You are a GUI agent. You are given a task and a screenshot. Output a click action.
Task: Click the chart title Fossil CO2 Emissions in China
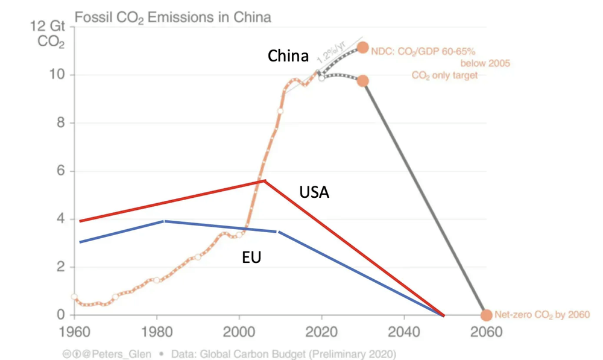coord(172,16)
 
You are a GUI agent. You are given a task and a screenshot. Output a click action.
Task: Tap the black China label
coord(288,57)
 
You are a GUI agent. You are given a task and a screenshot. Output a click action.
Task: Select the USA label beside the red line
coord(314,192)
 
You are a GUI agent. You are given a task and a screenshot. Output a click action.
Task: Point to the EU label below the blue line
coord(251,257)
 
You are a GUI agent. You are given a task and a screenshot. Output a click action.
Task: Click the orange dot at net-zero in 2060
coord(487,315)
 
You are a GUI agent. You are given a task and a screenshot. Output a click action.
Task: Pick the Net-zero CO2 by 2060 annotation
coord(541,315)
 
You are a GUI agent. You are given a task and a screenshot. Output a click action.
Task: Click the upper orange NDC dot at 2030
coord(362,48)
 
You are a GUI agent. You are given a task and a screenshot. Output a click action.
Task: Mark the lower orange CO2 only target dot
coord(362,81)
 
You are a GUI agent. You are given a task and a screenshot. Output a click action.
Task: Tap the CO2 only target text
coord(444,75)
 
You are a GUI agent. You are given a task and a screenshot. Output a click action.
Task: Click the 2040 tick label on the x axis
coord(403,332)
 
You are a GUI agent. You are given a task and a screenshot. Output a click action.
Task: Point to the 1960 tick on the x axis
coord(74,332)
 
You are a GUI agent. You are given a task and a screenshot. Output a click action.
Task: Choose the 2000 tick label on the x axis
coord(239,332)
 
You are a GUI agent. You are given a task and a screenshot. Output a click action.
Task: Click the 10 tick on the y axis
coord(58,75)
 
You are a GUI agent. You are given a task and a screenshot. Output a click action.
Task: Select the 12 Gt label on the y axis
coord(51,27)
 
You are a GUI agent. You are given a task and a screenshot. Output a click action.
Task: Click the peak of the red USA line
coord(264,180)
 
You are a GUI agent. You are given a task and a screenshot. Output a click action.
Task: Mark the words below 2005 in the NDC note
coord(485,63)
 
